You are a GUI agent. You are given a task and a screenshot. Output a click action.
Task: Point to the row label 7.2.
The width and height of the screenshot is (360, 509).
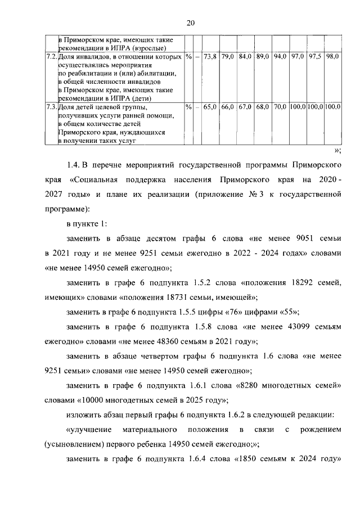(x=51, y=57)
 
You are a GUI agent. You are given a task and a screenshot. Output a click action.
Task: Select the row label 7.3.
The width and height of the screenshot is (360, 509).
(x=51, y=107)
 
